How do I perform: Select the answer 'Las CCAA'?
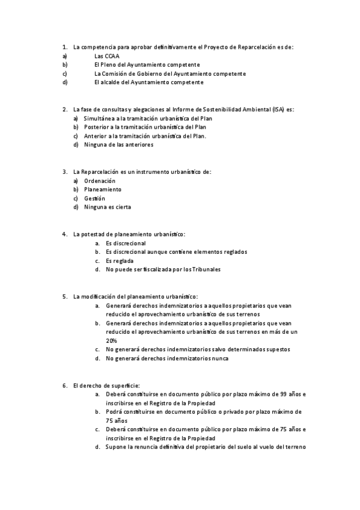107,55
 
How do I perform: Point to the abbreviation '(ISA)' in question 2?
278,109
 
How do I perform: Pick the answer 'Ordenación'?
100,180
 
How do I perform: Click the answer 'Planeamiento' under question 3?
102,189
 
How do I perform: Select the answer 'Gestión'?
94,198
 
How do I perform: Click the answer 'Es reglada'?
119,260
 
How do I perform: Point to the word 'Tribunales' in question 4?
206,269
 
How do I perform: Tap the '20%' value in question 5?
111,340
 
